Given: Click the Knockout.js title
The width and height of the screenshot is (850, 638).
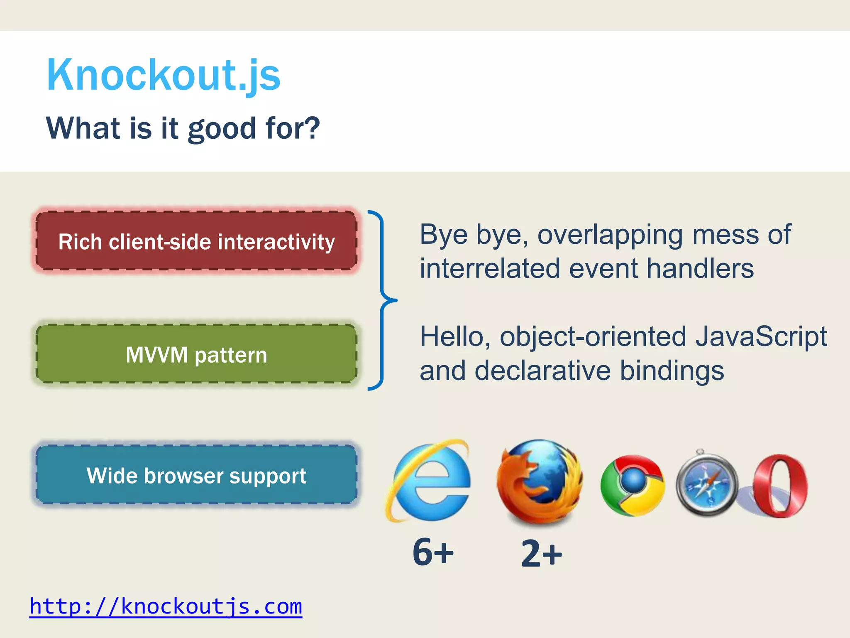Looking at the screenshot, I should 164,75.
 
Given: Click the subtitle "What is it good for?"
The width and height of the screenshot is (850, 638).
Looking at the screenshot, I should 183,128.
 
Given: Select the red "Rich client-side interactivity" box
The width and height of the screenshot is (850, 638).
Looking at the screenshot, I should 196,241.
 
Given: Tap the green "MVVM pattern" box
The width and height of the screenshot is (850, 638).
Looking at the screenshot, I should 196,354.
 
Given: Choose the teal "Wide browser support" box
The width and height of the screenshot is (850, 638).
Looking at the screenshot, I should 196,475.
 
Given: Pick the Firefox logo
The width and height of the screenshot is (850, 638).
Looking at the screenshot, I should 539,482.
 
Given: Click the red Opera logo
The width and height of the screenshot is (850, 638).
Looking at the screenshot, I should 780,486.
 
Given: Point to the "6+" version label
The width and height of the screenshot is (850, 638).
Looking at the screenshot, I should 433,552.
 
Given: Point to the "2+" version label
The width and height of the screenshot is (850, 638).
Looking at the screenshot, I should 541,553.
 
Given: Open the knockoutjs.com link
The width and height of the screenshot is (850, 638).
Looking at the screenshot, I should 166,606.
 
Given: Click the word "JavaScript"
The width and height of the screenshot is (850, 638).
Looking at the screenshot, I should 761,336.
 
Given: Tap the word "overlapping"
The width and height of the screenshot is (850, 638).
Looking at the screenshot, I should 610,235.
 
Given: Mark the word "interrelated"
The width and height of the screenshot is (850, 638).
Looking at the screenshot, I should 490,268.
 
